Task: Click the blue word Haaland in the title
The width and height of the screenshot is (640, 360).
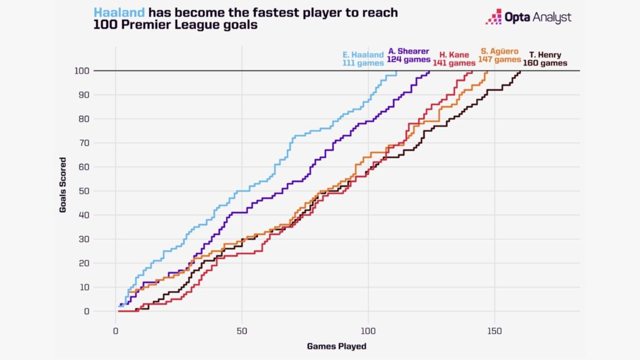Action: [119, 13]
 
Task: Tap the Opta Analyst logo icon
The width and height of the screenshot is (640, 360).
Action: [494, 17]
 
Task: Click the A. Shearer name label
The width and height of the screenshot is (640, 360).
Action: [409, 51]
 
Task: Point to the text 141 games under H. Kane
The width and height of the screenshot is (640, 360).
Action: [454, 63]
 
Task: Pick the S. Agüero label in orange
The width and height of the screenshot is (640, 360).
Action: [499, 51]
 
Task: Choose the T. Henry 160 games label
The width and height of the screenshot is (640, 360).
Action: [545, 59]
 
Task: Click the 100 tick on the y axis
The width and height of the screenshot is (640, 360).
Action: [82, 71]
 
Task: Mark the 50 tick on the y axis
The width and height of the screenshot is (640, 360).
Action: [84, 191]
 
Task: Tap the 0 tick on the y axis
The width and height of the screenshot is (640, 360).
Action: [87, 311]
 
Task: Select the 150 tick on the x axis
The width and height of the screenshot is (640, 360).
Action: [494, 331]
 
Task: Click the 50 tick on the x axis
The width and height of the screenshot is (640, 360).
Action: [242, 331]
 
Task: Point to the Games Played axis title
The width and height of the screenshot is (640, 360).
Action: [336, 346]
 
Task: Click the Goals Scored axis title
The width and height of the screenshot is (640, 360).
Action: [63, 185]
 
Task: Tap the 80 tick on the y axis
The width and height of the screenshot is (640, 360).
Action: [84, 119]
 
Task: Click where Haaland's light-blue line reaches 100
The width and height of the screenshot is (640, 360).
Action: [397, 71]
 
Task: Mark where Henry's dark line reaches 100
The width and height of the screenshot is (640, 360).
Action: [520, 71]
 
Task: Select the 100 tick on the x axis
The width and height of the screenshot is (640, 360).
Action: [368, 331]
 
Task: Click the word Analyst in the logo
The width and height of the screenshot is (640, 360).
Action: [552, 17]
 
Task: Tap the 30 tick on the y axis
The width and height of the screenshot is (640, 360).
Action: [84, 239]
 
